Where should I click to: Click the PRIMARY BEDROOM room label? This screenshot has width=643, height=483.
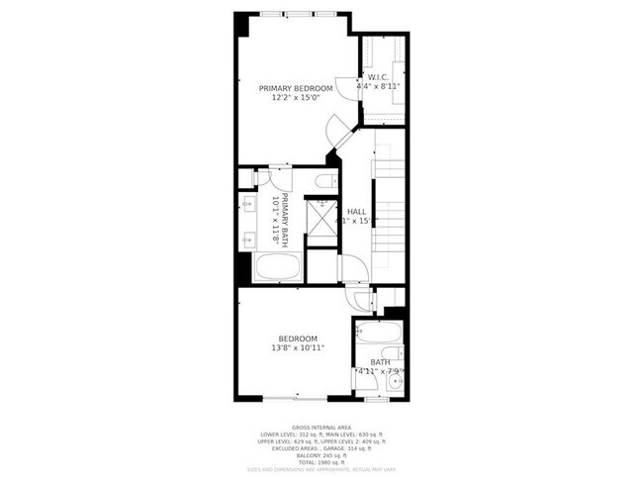(x=296, y=88)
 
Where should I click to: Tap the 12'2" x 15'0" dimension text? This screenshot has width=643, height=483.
(x=296, y=99)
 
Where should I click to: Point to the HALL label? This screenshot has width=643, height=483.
(x=355, y=211)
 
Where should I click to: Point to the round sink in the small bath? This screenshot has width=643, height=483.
(x=395, y=379)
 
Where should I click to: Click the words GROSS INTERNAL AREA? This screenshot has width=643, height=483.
(x=321, y=426)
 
